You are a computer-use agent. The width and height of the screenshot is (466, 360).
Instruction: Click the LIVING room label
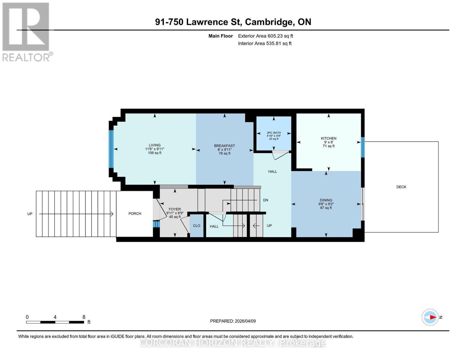(x=155, y=145)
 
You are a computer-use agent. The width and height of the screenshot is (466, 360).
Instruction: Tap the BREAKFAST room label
(x=224, y=145)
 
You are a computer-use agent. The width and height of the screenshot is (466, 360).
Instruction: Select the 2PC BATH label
(x=274, y=133)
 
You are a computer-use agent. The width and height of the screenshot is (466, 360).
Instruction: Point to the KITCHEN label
(x=329, y=138)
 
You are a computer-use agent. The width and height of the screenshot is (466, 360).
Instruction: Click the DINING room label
(x=326, y=200)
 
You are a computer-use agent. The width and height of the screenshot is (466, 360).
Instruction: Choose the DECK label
(x=401, y=187)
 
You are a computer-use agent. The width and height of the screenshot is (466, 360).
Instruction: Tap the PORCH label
(x=135, y=214)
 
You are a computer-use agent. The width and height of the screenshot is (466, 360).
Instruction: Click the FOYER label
(x=175, y=209)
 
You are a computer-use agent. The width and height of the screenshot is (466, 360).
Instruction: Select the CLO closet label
(x=197, y=226)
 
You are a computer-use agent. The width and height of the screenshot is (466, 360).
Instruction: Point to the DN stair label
(x=266, y=200)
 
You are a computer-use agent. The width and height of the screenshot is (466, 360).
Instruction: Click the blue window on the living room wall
(x=111, y=149)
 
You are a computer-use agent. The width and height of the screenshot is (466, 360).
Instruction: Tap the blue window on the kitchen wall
(x=363, y=147)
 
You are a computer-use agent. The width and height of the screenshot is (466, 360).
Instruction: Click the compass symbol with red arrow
(x=430, y=317)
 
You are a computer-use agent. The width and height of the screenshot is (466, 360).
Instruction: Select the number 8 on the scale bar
(x=84, y=317)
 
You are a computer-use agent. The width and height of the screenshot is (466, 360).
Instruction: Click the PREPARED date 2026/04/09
(x=245, y=321)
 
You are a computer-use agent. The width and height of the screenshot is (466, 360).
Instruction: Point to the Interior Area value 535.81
(x=274, y=43)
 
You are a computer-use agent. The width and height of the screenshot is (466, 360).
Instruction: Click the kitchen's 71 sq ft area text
(x=329, y=146)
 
